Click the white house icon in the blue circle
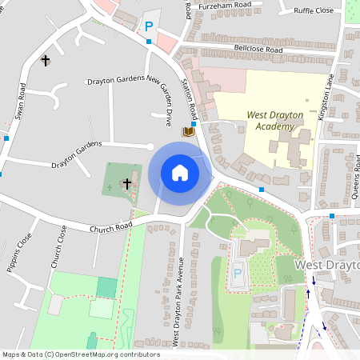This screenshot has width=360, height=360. click(x=180, y=173)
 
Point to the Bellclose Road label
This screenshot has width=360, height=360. click(x=259, y=50)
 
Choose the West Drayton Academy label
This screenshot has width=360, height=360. click(x=274, y=120)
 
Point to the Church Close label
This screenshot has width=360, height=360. click(x=59, y=247)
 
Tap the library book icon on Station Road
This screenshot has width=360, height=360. click(x=188, y=131)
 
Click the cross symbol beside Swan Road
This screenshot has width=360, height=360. click(x=45, y=60)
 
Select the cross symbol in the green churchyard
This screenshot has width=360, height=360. click(x=126, y=184)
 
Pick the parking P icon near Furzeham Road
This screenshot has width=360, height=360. click(x=148, y=26)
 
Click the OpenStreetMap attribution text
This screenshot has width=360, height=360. click(x=80, y=354)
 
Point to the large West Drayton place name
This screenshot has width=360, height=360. click(x=327, y=264)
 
